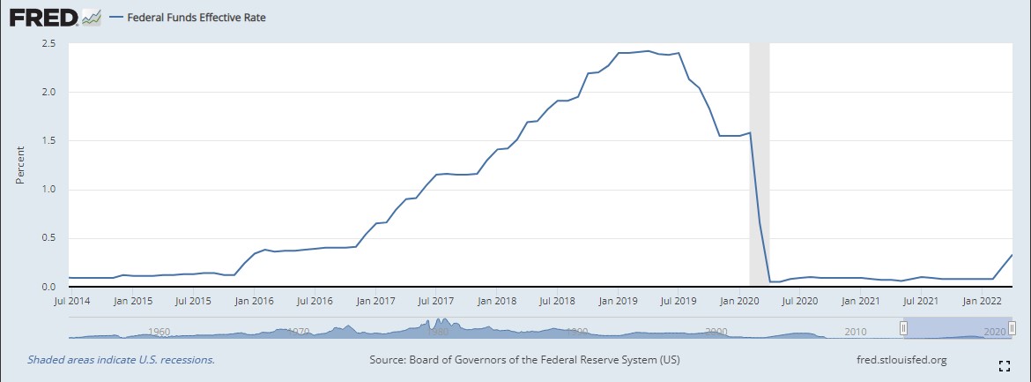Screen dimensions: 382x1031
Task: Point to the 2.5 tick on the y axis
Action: [x=48, y=42]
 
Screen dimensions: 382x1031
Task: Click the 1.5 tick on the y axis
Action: [x=48, y=140]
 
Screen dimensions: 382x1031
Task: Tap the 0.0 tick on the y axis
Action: [x=48, y=287]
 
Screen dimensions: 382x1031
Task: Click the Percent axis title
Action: [x=19, y=165]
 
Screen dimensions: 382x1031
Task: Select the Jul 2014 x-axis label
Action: [x=72, y=301]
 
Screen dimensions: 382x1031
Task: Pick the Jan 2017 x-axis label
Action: [x=376, y=301]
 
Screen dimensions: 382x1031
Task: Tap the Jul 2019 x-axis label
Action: [x=679, y=301]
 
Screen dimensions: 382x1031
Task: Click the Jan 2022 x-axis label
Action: [x=983, y=301]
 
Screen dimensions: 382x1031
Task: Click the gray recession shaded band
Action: [x=759, y=159]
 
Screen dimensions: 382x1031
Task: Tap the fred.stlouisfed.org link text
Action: [x=901, y=360]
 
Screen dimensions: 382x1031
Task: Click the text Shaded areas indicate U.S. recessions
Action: [x=121, y=360]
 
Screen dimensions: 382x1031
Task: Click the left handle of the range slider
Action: [x=903, y=328]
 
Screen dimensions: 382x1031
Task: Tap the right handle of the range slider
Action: [x=1012, y=328]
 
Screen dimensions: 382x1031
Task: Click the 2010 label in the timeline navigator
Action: [x=854, y=332]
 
